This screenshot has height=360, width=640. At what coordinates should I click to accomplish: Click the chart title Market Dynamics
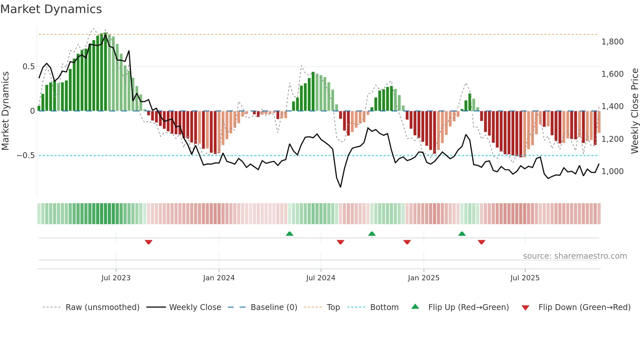(51, 9)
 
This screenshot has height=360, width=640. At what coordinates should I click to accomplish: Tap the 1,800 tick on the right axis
(612, 42)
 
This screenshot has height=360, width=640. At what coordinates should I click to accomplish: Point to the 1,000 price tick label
(612, 172)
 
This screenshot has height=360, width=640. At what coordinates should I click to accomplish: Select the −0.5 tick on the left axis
(25, 155)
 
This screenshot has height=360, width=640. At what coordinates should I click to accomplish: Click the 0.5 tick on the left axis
(28, 67)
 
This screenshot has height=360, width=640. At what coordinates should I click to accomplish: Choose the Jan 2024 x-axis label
(219, 278)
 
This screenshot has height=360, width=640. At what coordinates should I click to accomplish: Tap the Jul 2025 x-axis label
(525, 278)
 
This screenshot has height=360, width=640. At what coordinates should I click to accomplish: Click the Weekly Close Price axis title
(634, 111)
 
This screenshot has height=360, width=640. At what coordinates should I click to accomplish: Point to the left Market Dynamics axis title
(5, 111)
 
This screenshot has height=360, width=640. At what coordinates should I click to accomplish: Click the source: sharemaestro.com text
(575, 256)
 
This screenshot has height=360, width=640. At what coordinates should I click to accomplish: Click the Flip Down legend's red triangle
(525, 308)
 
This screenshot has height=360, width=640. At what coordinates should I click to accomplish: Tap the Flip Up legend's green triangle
(415, 307)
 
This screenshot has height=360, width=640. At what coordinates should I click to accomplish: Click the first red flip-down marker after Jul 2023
(149, 242)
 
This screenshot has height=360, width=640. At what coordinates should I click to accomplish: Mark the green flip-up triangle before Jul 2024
(289, 234)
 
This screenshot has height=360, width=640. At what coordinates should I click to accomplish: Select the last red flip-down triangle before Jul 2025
(481, 242)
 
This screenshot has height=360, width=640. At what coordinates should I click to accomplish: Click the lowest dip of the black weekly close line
(341, 187)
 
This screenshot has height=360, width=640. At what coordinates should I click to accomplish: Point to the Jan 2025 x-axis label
(424, 278)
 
